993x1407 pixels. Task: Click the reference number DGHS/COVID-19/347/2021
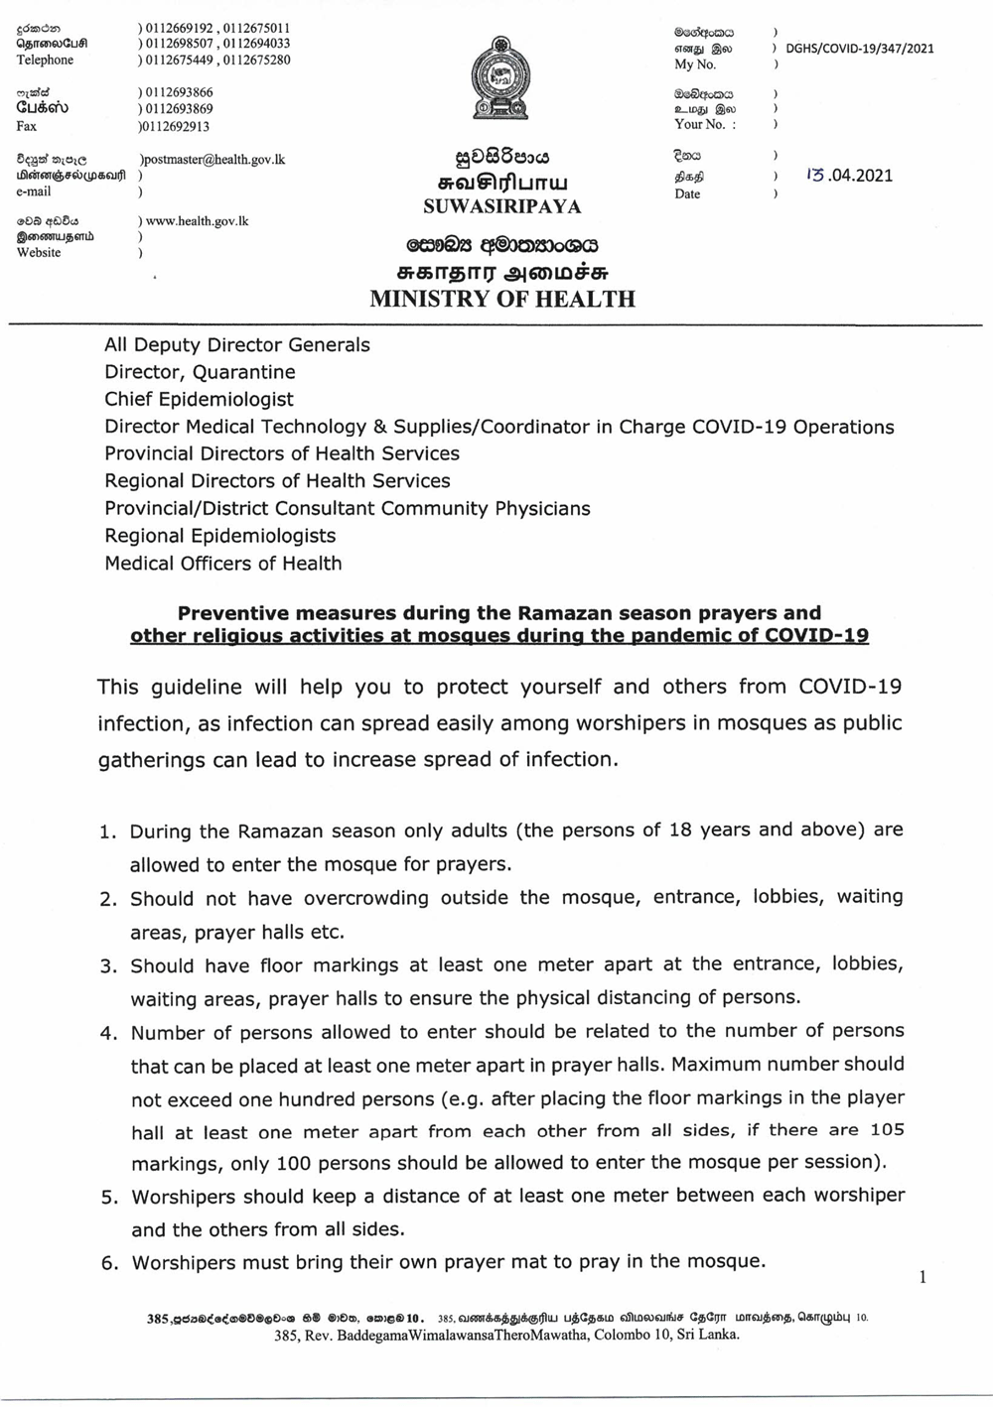click(859, 48)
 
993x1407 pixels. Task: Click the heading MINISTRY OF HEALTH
click(502, 299)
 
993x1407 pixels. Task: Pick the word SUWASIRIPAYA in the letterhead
click(502, 207)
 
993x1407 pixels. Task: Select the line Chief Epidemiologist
click(199, 399)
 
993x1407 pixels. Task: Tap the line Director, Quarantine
click(200, 372)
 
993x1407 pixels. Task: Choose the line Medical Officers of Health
click(222, 563)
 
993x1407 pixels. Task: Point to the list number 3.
click(108, 966)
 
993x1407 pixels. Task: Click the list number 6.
click(108, 1264)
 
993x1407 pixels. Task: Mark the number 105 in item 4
click(886, 1130)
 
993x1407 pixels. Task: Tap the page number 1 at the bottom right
click(922, 1277)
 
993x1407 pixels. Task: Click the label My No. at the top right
click(695, 64)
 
